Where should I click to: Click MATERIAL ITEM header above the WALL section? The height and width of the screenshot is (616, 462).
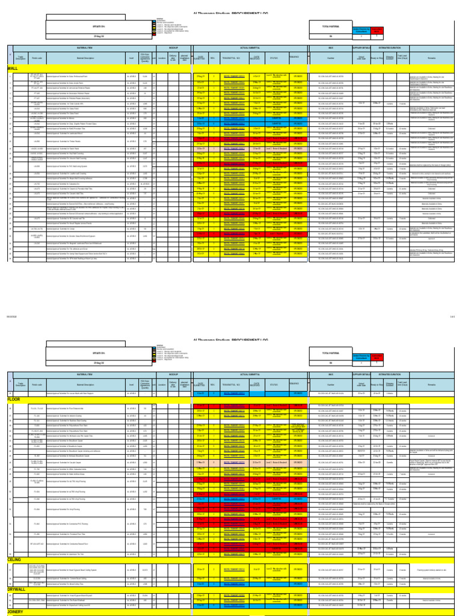[x=84, y=45]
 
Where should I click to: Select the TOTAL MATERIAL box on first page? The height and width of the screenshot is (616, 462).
[x=330, y=27]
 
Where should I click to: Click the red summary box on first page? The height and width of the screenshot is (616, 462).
[x=378, y=29]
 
